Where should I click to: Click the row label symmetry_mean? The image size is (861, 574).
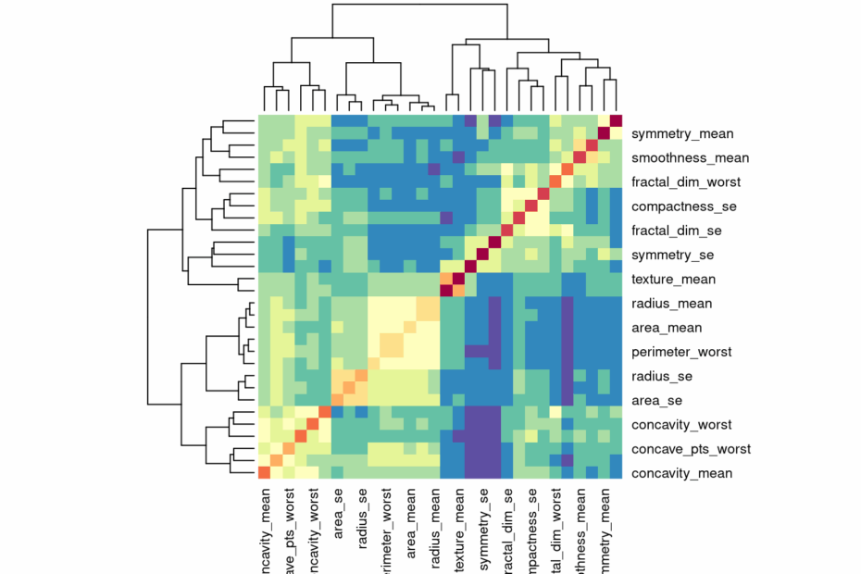[680, 134]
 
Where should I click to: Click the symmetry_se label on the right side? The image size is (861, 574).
[672, 255]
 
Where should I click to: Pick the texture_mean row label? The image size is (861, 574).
[674, 279]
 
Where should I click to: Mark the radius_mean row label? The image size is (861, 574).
[672, 303]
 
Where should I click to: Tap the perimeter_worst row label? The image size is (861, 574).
[681, 352]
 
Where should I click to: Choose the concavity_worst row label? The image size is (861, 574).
[681, 425]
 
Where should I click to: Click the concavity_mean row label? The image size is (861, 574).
[681, 473]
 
